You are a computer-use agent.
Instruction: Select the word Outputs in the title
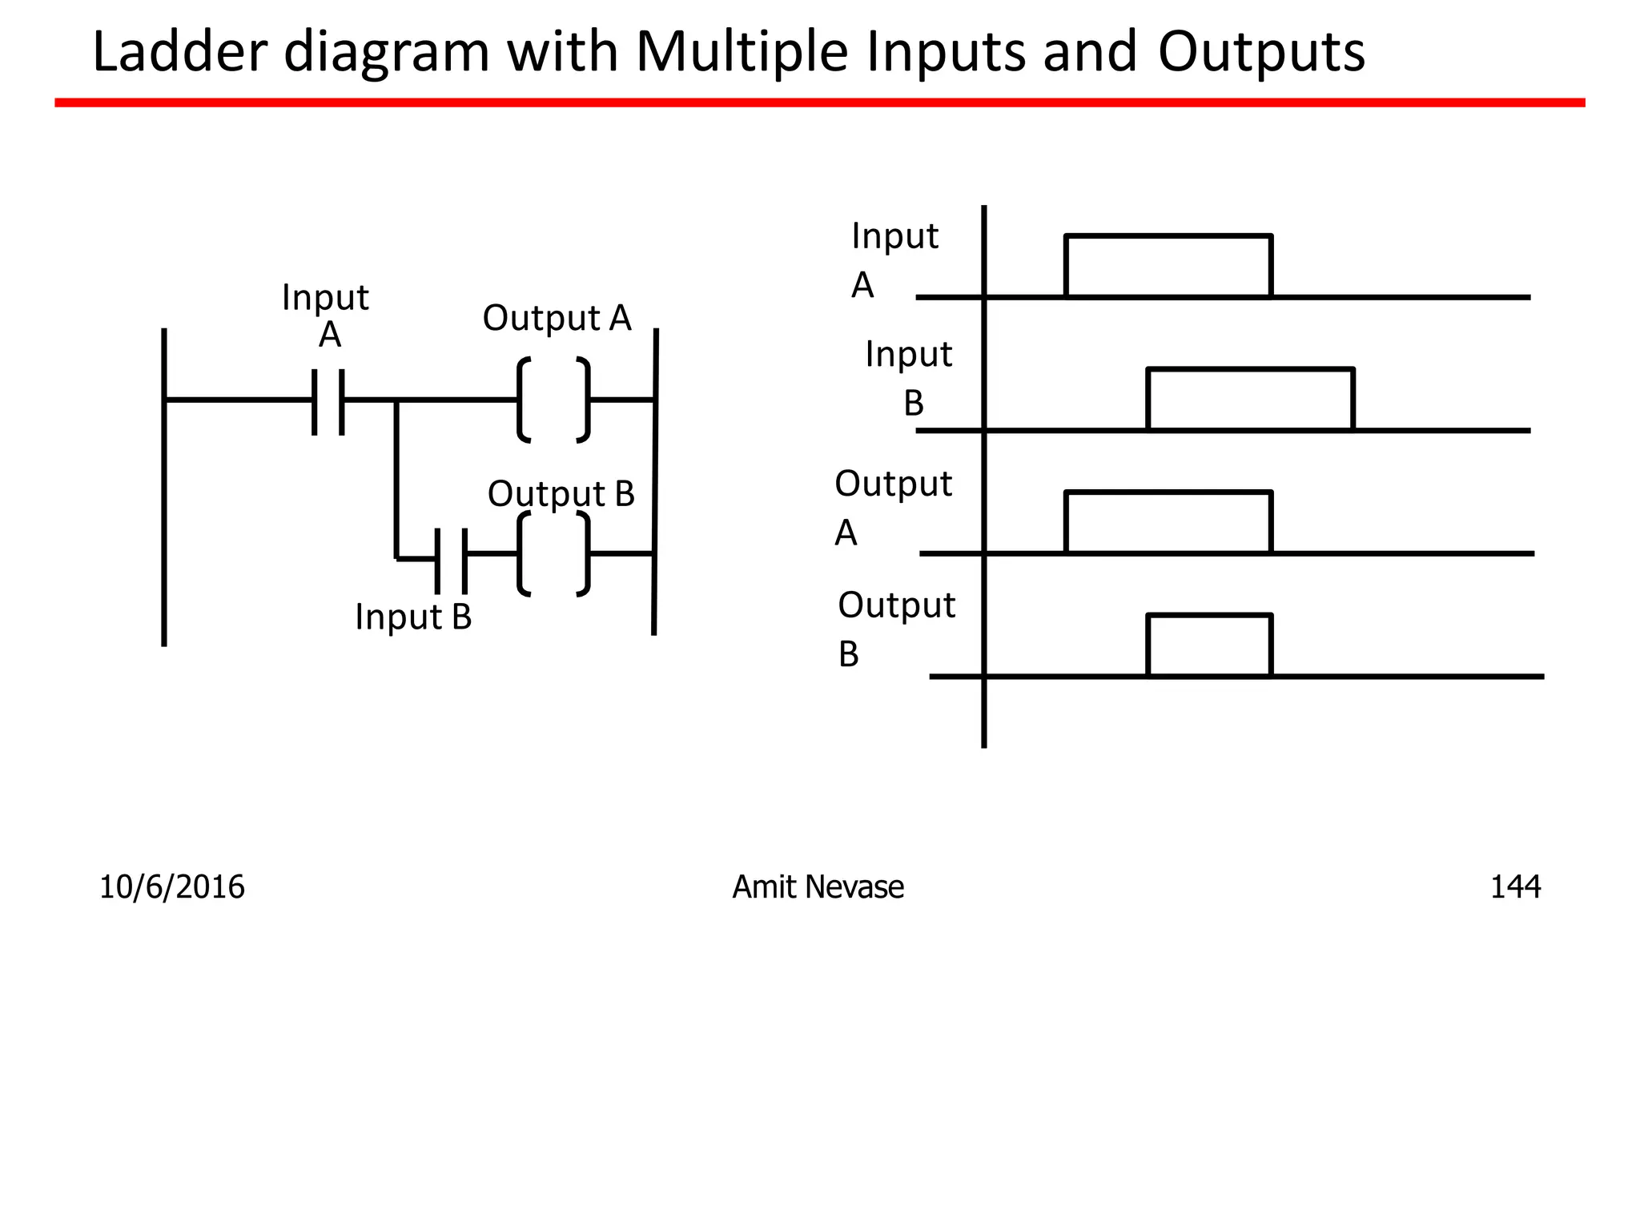(x=1260, y=52)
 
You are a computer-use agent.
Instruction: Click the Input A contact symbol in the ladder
(x=328, y=400)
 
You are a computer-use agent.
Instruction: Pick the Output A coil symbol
(x=554, y=400)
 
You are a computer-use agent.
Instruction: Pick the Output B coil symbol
(x=554, y=554)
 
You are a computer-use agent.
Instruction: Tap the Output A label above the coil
(x=557, y=318)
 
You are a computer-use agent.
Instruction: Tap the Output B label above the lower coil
(x=561, y=493)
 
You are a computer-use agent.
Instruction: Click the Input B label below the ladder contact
(x=413, y=617)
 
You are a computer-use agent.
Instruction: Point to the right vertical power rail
(x=655, y=480)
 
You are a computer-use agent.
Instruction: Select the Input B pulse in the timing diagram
(x=1250, y=399)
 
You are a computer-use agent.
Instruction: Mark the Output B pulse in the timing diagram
(x=1209, y=645)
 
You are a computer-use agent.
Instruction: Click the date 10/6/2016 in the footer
(x=171, y=887)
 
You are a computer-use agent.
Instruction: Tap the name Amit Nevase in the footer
(x=818, y=887)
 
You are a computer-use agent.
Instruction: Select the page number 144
(x=1514, y=887)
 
